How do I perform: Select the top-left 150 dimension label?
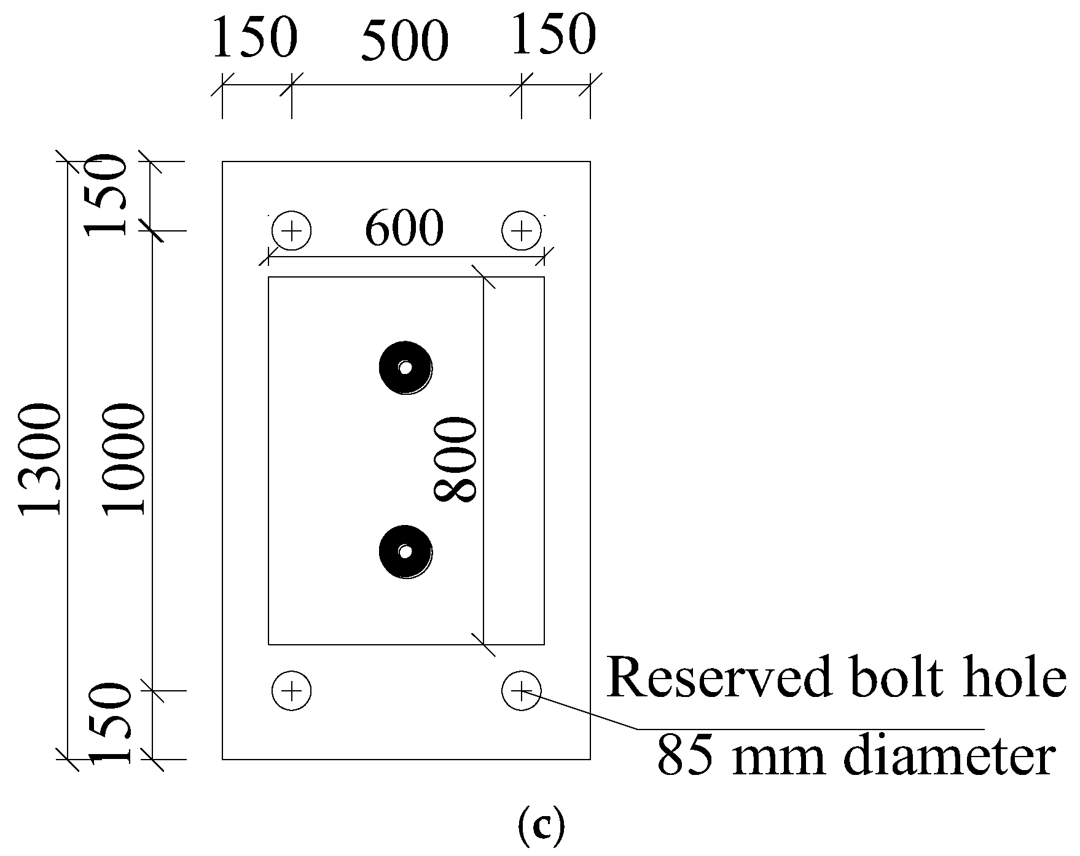point(254,38)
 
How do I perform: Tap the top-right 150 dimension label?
point(553,35)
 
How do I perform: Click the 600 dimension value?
point(404,228)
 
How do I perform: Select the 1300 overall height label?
point(41,459)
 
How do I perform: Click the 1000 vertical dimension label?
point(124,459)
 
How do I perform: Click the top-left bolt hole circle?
point(292,232)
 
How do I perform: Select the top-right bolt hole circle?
point(522,232)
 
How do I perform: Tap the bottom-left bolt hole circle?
point(292,691)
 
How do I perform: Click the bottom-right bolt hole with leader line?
point(522,691)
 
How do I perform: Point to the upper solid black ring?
point(405,368)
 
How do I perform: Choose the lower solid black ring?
point(405,551)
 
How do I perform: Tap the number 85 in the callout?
point(683,757)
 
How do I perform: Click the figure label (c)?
point(541,827)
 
